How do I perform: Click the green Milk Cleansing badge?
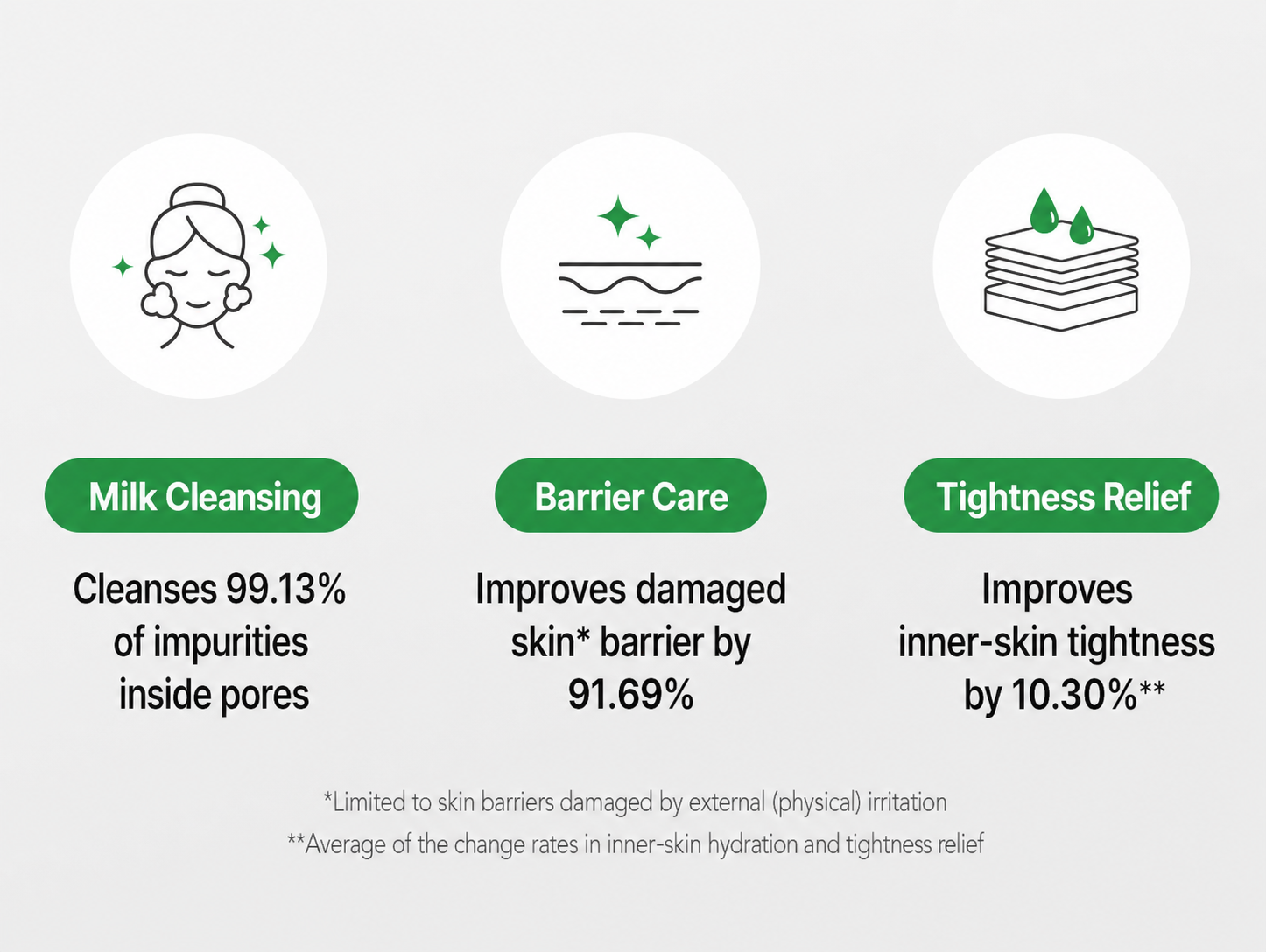click(x=201, y=495)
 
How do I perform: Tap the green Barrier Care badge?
click(x=630, y=495)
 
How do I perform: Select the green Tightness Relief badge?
click(x=1061, y=495)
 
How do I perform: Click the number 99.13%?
click(x=285, y=590)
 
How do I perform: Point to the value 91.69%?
click(x=630, y=695)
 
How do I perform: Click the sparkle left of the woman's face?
click(x=123, y=267)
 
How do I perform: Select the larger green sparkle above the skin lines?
click(x=618, y=215)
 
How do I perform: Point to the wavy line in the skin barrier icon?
click(x=630, y=284)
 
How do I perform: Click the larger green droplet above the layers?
click(x=1044, y=210)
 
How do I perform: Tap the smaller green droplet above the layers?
click(x=1081, y=225)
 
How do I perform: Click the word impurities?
click(x=230, y=642)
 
